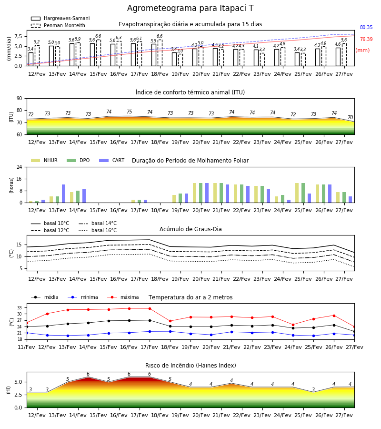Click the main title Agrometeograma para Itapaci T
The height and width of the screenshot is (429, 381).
(190, 8)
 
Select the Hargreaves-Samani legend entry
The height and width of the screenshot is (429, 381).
(60, 18)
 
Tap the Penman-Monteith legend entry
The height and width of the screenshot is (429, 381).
(58, 25)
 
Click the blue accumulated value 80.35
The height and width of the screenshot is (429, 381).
(366, 27)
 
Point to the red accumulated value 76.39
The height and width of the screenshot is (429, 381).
(366, 39)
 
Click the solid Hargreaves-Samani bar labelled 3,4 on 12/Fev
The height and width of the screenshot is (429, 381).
(31, 59)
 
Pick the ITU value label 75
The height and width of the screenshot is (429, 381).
(129, 112)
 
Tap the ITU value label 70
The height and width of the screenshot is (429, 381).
(350, 117)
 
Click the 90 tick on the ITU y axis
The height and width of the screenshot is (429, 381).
(20, 99)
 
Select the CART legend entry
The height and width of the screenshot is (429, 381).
(111, 160)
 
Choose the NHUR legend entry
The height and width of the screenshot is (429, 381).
(44, 160)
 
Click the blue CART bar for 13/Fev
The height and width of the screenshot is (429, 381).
(64, 194)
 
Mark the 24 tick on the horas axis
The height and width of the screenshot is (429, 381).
(20, 167)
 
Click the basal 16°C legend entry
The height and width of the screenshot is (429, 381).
(98, 230)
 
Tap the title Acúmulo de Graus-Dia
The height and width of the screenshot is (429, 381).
(190, 229)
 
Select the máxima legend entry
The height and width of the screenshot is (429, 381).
(123, 297)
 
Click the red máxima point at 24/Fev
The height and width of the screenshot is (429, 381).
(293, 325)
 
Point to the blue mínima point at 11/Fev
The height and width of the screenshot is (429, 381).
(27, 333)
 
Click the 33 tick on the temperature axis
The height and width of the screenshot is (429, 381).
(20, 308)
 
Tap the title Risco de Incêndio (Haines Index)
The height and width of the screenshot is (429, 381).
(190, 366)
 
